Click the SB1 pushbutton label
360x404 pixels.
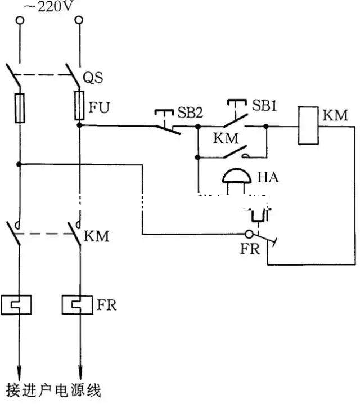tap(264, 105)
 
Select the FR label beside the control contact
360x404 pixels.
tap(250, 249)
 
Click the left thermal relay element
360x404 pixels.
tap(19, 304)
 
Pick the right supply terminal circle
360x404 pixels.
tap(79, 21)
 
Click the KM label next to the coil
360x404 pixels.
tap(335, 115)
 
